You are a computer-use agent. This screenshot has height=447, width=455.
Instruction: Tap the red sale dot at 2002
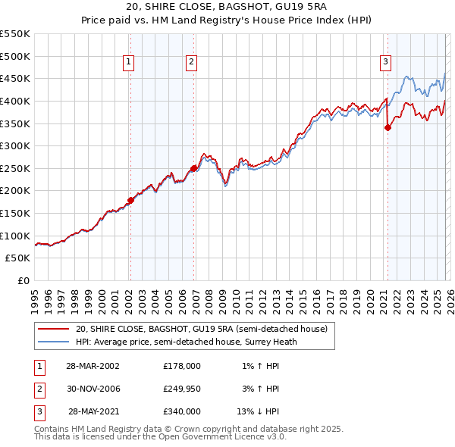(130, 200)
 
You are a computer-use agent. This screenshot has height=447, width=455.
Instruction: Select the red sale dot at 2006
(193, 168)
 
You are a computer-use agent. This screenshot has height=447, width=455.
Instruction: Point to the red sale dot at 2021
(388, 127)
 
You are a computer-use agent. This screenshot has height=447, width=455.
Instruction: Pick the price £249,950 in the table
(181, 389)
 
